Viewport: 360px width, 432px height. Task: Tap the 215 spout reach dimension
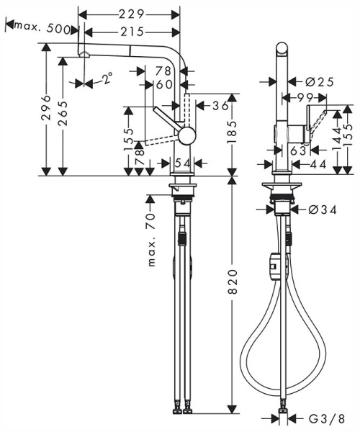[132, 31]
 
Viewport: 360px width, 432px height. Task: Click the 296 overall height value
[46, 108]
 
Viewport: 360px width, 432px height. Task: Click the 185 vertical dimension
[232, 133]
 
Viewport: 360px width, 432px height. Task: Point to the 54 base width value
[182, 163]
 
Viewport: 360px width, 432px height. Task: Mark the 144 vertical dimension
[336, 135]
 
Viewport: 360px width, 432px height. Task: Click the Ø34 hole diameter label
[320, 210]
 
